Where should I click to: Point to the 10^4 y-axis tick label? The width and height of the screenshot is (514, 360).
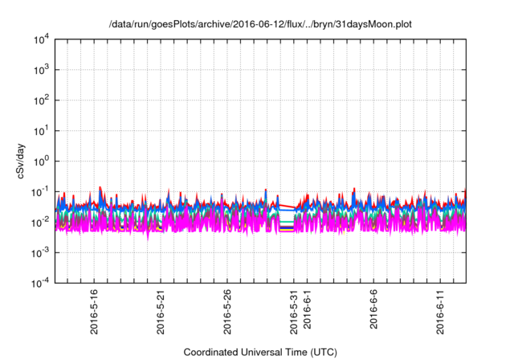[40, 39]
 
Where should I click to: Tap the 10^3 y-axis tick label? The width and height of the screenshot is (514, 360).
[40, 69]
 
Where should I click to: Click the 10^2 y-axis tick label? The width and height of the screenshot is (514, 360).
[40, 100]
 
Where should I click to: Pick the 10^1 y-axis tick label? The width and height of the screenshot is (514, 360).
[40, 130]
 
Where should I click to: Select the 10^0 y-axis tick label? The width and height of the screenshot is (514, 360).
[40, 161]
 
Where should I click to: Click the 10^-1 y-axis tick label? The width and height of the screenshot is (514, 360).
[39, 191]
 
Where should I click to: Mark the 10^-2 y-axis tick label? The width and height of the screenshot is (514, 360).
[39, 222]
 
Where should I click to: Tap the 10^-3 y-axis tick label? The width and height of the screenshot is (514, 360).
[39, 252]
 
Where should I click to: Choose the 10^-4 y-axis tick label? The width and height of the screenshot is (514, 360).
[39, 283]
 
